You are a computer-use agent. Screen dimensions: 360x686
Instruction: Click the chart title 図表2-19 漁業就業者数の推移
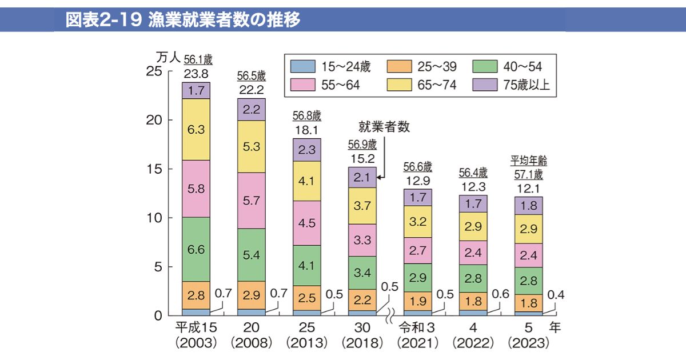point(183,20)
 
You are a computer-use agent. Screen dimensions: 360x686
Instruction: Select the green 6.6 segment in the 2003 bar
point(196,249)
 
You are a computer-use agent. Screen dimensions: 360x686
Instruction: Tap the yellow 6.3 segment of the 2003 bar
point(196,129)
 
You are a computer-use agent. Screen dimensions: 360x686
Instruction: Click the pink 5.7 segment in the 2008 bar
point(252,201)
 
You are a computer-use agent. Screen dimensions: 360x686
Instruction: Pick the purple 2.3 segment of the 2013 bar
point(307,150)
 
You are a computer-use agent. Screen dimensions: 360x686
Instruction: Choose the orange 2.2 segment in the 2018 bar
point(362,299)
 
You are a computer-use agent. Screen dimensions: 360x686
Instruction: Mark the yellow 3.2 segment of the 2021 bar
point(418,221)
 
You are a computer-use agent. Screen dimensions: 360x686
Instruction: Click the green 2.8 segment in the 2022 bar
point(473,278)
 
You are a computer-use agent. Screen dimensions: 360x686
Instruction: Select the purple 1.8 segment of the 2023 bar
point(529,206)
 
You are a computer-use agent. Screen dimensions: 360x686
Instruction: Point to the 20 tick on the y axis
point(154,121)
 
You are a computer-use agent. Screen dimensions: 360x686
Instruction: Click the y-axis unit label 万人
point(167,57)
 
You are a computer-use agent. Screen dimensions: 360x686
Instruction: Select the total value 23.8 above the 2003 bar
point(196,74)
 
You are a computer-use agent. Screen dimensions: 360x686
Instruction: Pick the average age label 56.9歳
point(362,144)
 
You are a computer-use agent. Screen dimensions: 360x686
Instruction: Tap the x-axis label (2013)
point(307,343)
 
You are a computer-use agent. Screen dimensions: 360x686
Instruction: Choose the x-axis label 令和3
point(418,328)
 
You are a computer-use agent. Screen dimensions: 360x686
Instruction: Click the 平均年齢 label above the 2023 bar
point(529,161)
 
